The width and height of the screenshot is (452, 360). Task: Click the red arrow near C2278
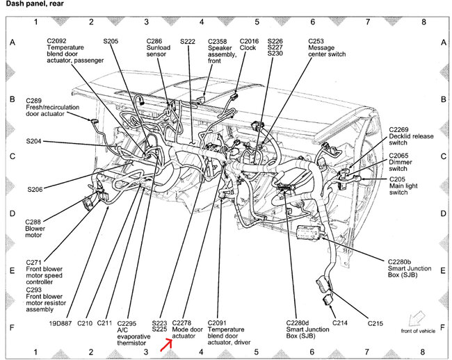[168, 341]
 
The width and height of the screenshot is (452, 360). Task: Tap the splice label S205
[112, 41]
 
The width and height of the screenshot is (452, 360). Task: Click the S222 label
[188, 42]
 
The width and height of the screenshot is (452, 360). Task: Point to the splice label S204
[35, 141]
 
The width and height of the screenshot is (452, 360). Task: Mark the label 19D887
[60, 323]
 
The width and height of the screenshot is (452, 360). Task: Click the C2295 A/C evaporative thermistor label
[133, 332]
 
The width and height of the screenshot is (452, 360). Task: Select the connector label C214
[339, 323]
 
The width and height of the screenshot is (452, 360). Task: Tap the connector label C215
[376, 323]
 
